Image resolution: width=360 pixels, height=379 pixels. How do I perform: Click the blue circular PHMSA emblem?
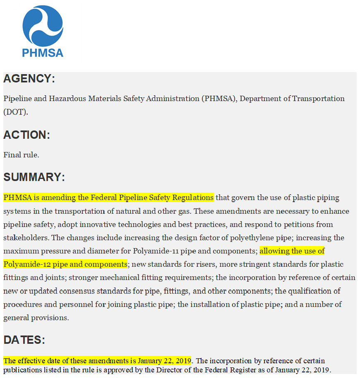(43, 26)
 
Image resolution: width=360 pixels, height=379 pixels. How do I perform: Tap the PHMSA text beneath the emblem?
(43, 53)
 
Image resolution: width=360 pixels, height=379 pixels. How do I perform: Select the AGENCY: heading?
(29, 79)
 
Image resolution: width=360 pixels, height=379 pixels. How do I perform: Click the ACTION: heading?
(26, 135)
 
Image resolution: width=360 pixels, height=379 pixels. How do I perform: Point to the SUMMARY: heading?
(34, 177)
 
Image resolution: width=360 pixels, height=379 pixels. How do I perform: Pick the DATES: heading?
(24, 340)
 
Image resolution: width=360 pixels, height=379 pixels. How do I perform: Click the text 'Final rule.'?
(21, 155)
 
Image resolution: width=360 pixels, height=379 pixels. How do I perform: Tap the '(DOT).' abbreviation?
(16, 112)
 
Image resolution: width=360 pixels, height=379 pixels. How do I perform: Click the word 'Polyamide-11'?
(154, 251)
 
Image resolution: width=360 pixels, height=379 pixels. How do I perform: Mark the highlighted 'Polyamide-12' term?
(25, 265)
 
